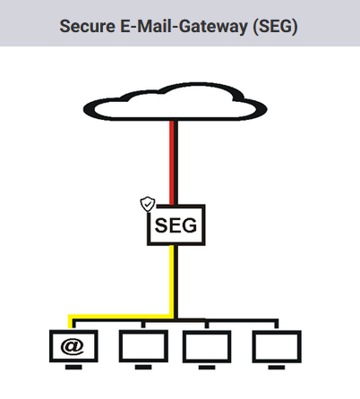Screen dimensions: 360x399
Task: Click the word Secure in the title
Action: click(x=87, y=26)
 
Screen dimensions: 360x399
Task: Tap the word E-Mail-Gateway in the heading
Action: click(x=184, y=27)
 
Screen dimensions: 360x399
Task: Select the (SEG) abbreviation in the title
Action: click(x=275, y=27)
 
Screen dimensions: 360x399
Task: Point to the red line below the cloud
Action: click(x=172, y=163)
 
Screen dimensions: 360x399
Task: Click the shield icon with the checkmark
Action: click(x=148, y=204)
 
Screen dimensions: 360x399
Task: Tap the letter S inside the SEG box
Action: click(x=161, y=225)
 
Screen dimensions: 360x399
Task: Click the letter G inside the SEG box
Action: click(x=190, y=225)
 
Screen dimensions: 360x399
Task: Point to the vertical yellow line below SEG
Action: click(x=172, y=280)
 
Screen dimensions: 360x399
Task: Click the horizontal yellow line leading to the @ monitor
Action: click(x=120, y=317)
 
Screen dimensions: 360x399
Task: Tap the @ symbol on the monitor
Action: click(x=73, y=346)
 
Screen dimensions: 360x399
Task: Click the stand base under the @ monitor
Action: click(x=73, y=367)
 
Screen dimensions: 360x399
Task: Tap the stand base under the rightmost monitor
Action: click(x=277, y=368)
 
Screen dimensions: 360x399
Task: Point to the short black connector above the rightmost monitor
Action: click(x=277, y=324)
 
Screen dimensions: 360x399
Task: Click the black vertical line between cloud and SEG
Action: click(x=176, y=163)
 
